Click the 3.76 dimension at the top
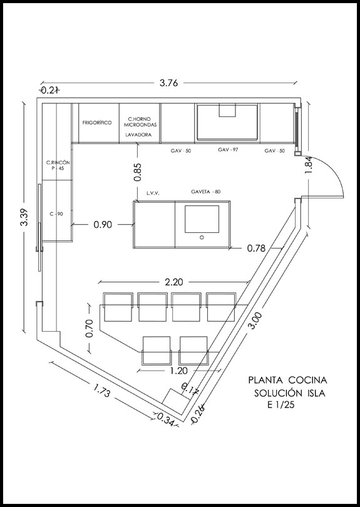pos(168,83)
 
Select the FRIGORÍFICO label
pos(97,123)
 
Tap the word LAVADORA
pos(138,135)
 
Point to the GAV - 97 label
pos(228,150)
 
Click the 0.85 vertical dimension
pos(138,172)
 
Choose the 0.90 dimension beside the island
pos(103,225)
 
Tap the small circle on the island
pos(202,237)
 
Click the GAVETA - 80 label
pos(206,192)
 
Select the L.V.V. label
pos(153,193)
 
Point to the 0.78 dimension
pos(256,248)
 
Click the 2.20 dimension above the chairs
pos(174,282)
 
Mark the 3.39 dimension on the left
pos(25,217)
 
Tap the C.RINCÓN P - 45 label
pos(58,165)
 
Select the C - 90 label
pos(56,213)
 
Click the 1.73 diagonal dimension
pos(102,390)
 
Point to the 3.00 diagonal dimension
pos(255,320)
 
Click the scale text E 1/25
pos(280,404)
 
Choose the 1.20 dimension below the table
pos(178,370)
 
